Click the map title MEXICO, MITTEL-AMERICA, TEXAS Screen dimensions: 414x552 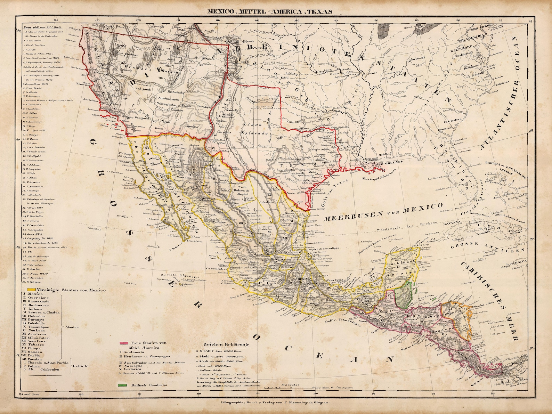point(269,11)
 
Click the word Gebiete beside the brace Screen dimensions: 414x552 point(81,366)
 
